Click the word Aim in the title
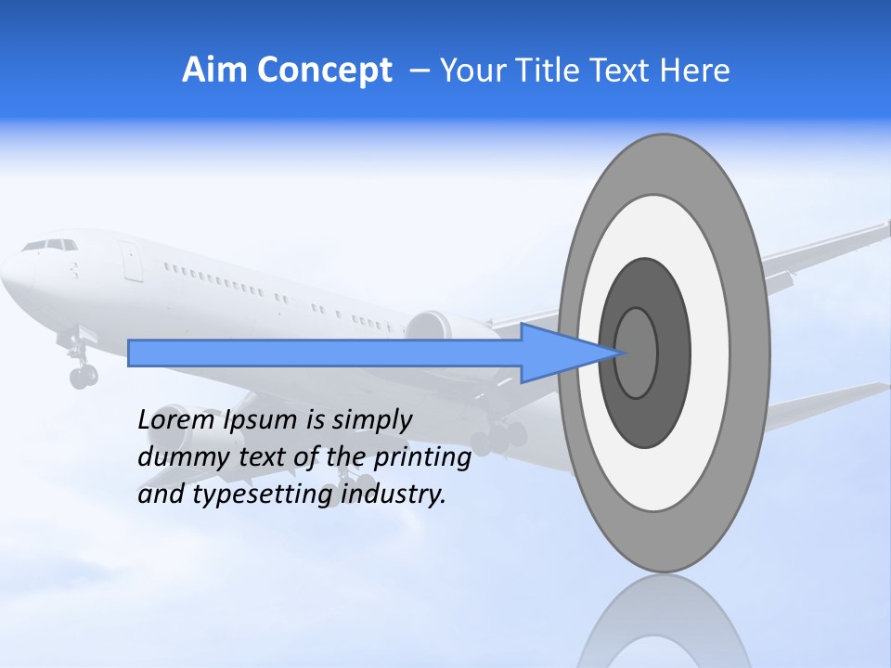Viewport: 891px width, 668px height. click(214, 71)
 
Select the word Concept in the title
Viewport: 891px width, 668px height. click(324, 71)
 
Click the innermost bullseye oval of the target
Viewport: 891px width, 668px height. click(637, 353)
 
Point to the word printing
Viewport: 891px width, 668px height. click(421, 458)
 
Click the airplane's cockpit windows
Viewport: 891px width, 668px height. click(50, 245)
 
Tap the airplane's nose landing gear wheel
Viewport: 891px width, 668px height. click(82, 377)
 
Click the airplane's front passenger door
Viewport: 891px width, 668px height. click(131, 262)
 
